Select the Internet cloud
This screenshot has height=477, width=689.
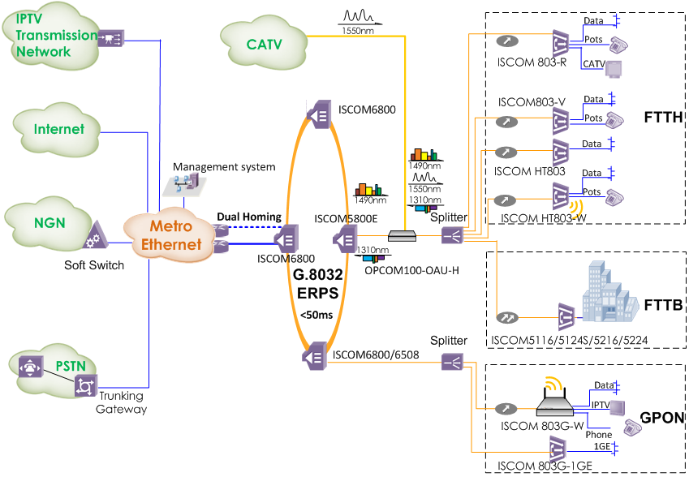(59, 129)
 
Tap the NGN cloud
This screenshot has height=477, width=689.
(50, 223)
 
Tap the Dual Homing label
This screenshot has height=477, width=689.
(249, 217)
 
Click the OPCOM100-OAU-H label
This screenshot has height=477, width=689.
(411, 269)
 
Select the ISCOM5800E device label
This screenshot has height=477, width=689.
(347, 218)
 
